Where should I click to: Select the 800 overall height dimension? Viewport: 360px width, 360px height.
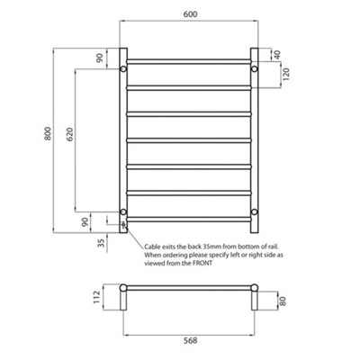coord(35,135)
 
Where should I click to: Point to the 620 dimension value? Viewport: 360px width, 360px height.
coord(67,135)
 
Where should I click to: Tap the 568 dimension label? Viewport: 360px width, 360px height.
coord(190,342)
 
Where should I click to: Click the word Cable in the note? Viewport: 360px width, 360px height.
coord(153,246)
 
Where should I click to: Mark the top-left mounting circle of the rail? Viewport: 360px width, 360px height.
coord(125,68)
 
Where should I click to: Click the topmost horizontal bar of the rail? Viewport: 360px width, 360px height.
coord(190,62)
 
